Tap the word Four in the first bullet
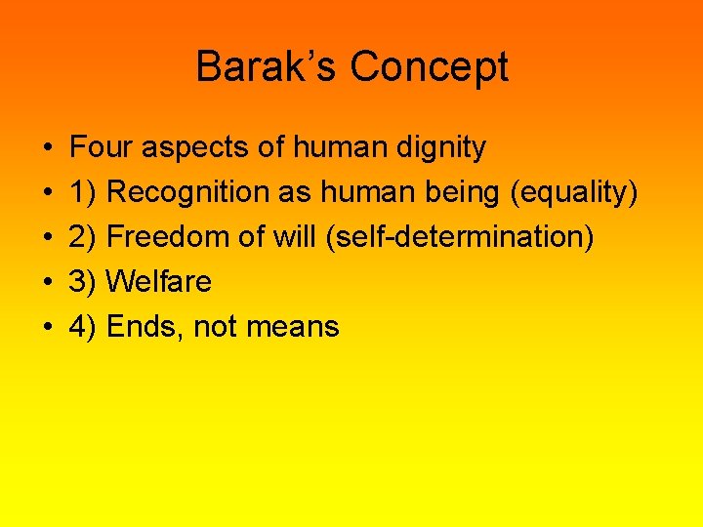pos(102,147)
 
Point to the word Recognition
pos(188,193)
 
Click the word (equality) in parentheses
pos(574,193)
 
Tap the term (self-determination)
pos(461,237)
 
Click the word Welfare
pos(158,282)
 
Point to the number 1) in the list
pos(83,193)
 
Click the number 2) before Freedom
pos(83,237)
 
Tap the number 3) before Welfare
pos(83,282)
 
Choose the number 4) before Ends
pos(83,327)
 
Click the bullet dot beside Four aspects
pos(48,148)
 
